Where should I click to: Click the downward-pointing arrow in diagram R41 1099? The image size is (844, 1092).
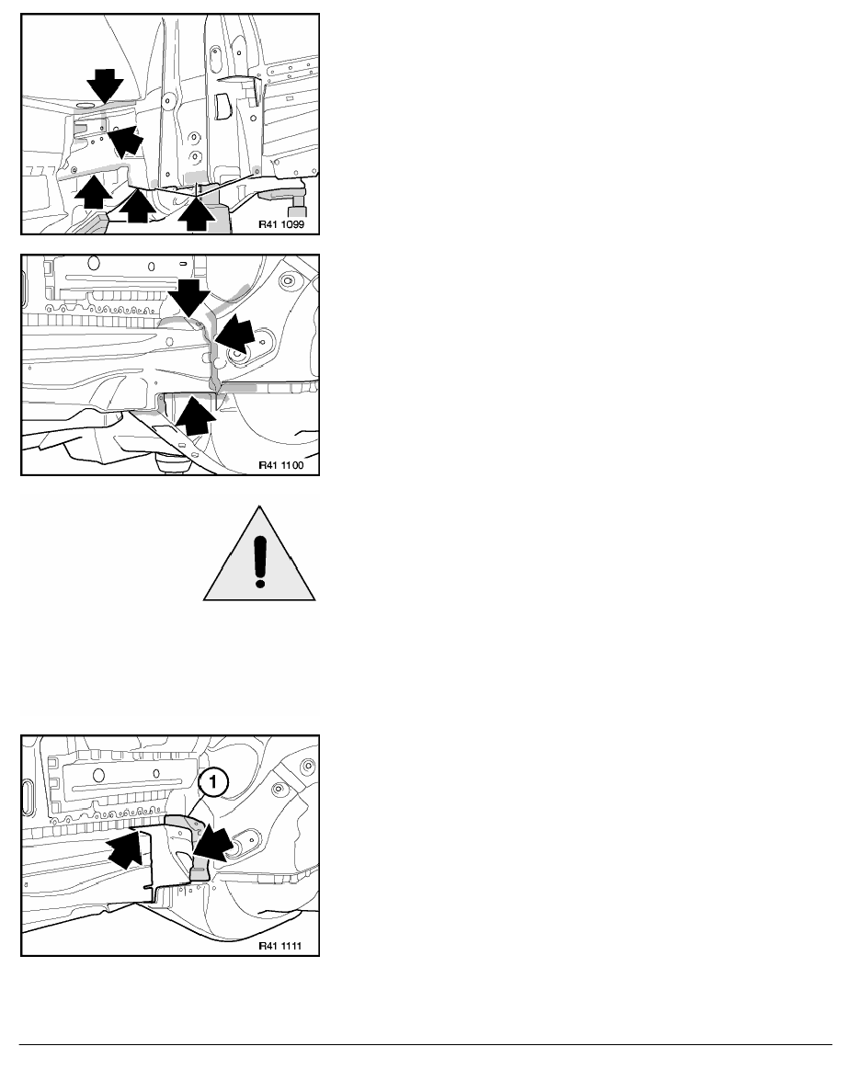(x=105, y=86)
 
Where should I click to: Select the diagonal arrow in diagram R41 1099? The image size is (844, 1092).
(x=126, y=140)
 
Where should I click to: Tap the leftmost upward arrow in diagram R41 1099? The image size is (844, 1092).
(x=93, y=192)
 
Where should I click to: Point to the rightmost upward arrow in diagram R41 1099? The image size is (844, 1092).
(x=197, y=214)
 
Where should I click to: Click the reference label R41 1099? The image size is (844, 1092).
(x=281, y=225)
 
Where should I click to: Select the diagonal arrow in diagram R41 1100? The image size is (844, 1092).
(x=234, y=333)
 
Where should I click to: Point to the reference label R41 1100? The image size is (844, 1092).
(x=281, y=464)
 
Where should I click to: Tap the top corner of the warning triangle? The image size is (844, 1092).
(x=260, y=506)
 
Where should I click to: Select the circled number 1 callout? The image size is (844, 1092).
(x=213, y=781)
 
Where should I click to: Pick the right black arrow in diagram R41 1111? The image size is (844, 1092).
(x=212, y=844)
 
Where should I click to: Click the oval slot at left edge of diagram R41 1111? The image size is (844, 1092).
(x=28, y=798)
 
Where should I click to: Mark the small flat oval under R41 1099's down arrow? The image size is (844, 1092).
(x=85, y=105)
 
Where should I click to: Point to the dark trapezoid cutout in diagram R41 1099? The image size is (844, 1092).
(x=224, y=106)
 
